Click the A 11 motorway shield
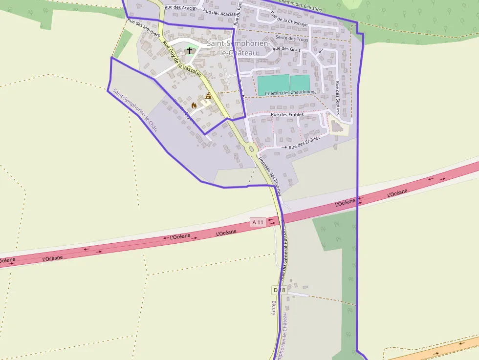(x=258, y=222)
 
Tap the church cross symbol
(x=190, y=50)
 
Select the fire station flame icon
(x=194, y=106)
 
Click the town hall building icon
(x=208, y=96)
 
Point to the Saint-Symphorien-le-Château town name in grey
(x=238, y=47)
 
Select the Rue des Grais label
(x=286, y=49)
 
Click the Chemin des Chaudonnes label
(x=290, y=92)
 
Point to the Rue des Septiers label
(x=337, y=98)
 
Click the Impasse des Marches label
(x=269, y=175)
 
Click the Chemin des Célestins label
(x=300, y=5)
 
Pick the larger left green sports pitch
(x=273, y=83)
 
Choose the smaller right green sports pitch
(x=300, y=83)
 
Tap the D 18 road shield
(x=279, y=290)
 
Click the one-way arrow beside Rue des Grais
(x=321, y=50)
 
